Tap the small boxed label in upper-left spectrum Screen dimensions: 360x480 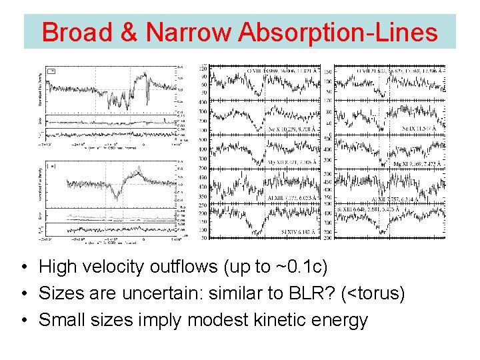(x=53, y=71)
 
